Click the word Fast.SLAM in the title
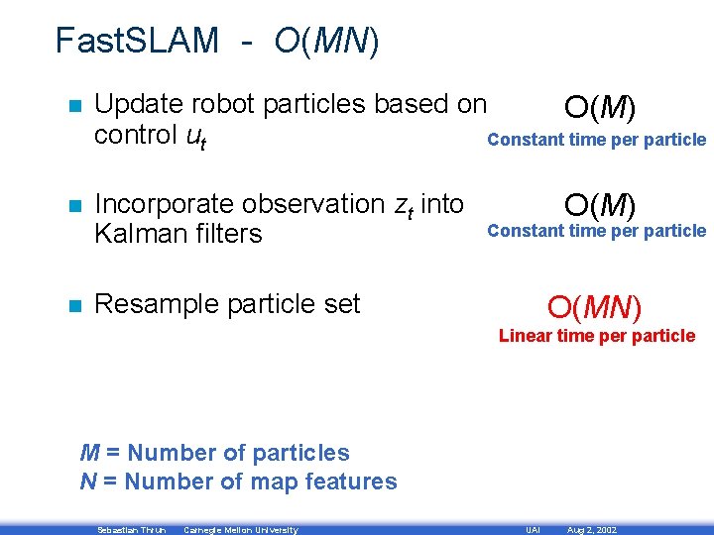pos(137,41)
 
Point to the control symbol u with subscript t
pos(196,137)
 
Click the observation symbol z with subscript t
pos(404,206)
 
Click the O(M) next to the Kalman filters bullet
pos(600,205)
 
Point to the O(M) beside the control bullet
pos(600,106)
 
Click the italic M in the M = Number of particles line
pos(89,453)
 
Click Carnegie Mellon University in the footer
pos(240,530)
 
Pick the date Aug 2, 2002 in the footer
pos(591,530)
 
